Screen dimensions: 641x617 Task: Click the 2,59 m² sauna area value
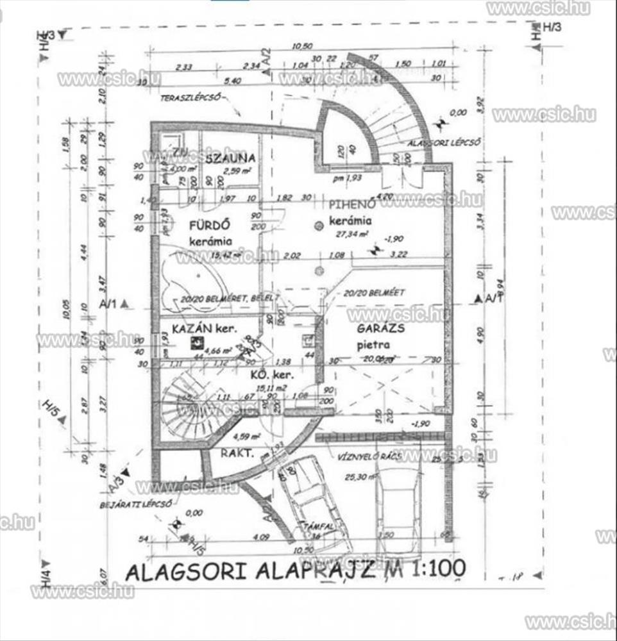point(235,171)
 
